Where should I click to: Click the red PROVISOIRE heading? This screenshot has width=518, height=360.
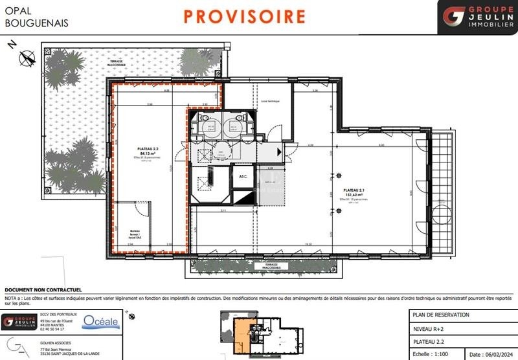(244, 16)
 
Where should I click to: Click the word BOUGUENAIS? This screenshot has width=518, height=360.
(35, 23)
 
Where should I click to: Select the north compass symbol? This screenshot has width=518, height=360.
(26, 58)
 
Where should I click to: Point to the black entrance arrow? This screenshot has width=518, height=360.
(279, 152)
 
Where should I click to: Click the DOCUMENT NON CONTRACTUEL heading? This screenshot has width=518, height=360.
(43, 290)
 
